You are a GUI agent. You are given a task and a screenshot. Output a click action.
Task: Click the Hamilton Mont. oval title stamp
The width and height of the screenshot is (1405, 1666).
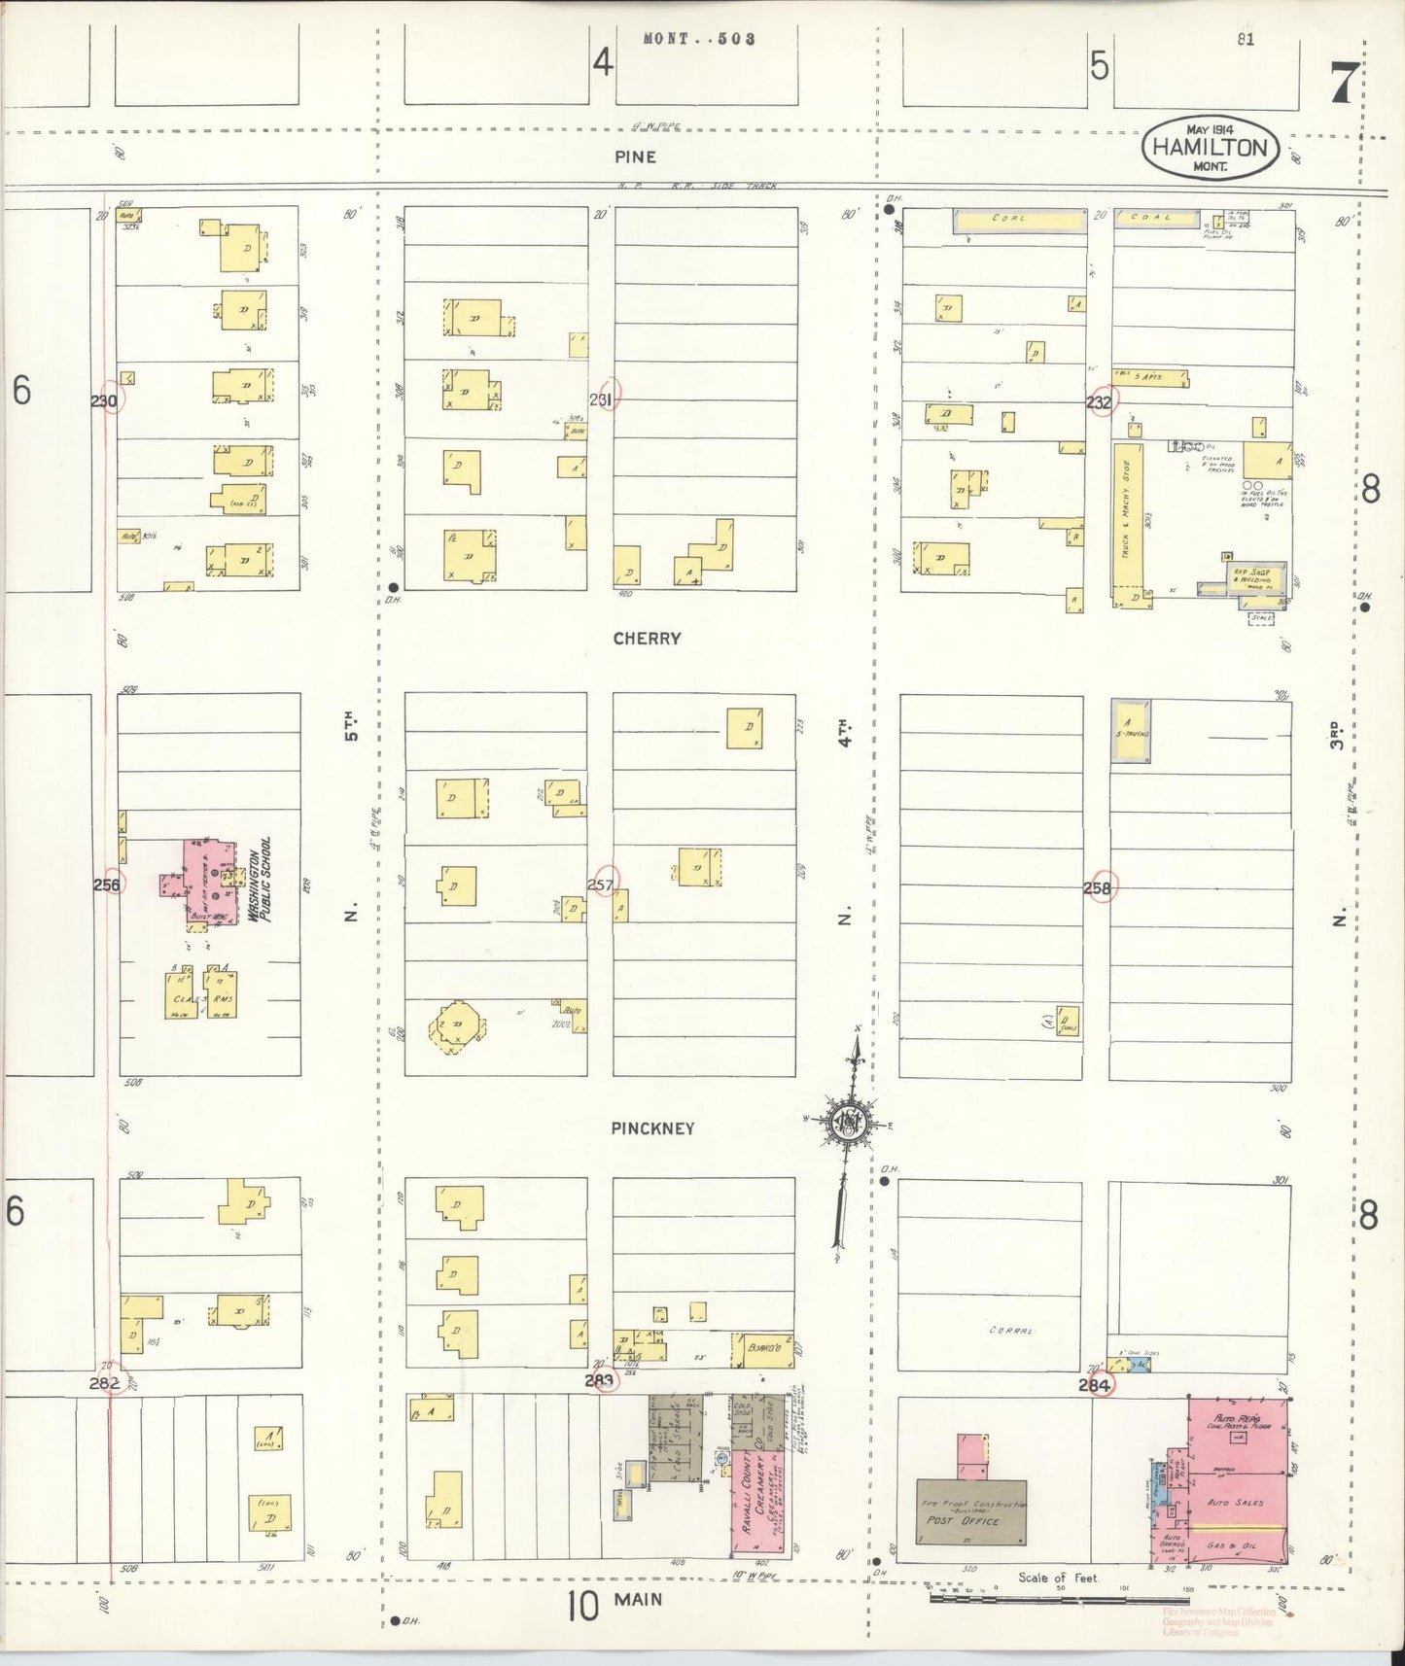[x=1210, y=149]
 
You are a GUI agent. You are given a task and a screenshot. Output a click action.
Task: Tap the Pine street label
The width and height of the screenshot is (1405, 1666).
[x=635, y=156]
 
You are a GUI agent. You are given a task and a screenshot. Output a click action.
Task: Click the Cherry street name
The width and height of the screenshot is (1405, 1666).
[x=647, y=639]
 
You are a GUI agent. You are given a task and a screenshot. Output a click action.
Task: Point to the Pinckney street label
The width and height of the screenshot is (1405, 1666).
[x=652, y=1128]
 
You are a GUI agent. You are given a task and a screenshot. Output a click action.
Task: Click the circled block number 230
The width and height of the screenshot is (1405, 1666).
[x=105, y=400]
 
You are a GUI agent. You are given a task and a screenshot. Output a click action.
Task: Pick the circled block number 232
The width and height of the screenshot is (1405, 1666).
[x=1101, y=401]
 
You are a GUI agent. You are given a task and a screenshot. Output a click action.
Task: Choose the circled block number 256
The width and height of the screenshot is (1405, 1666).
[x=107, y=885]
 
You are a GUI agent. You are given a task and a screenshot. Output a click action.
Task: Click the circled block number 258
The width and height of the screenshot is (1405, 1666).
[x=1099, y=887]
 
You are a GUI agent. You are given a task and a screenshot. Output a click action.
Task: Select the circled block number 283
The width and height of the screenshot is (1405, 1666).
[x=600, y=1380]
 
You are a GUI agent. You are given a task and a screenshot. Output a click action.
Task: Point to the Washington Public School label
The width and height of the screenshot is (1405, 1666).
[x=259, y=880]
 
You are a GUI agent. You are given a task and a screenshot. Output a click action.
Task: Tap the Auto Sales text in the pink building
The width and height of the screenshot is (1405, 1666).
[x=1235, y=1503]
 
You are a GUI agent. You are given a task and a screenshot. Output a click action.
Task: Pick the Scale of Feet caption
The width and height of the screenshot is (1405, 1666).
[x=1058, y=1579]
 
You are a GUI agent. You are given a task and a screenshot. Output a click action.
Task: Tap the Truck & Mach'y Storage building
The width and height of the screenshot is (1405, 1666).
[x=1128, y=525]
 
